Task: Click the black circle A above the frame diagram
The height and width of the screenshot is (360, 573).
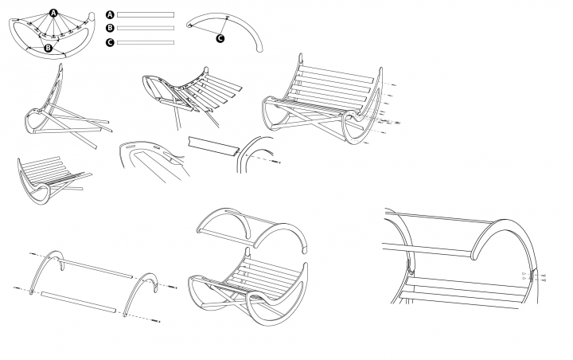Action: pyautogui.click(x=54, y=14)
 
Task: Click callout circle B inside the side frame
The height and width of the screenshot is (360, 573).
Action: pyautogui.click(x=49, y=48)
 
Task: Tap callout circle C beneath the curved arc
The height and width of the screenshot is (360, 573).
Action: pyautogui.click(x=220, y=38)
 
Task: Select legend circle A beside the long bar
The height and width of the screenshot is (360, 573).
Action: pyautogui.click(x=110, y=14)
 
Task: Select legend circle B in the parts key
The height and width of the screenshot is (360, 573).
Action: pyautogui.click(x=110, y=28)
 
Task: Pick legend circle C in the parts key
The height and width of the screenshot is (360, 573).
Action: pyautogui.click(x=110, y=42)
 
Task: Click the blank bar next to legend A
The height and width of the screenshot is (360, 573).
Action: pyautogui.click(x=146, y=14)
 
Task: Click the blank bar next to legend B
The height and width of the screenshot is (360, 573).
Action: pyautogui.click(x=146, y=28)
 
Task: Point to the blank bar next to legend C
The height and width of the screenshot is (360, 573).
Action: pyautogui.click(x=146, y=42)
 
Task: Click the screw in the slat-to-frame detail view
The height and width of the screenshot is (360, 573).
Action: pyautogui.click(x=276, y=162)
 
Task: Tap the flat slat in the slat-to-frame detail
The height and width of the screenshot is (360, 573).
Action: pyautogui.click(x=213, y=146)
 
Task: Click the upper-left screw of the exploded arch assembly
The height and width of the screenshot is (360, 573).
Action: pyautogui.click(x=33, y=254)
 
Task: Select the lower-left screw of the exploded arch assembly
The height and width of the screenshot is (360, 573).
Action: pyautogui.click(x=18, y=288)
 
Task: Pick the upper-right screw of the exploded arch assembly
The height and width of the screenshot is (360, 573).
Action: pyautogui.click(x=173, y=288)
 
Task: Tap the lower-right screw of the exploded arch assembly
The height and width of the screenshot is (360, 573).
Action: pyautogui.click(x=156, y=321)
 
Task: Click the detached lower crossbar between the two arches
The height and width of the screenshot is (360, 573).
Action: pyautogui.click(x=78, y=302)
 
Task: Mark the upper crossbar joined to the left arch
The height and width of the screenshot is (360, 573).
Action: pyautogui.click(x=96, y=268)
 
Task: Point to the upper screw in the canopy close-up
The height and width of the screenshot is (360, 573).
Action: pyautogui.click(x=544, y=276)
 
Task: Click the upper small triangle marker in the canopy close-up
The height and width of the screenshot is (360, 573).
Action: pyautogui.click(x=524, y=273)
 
